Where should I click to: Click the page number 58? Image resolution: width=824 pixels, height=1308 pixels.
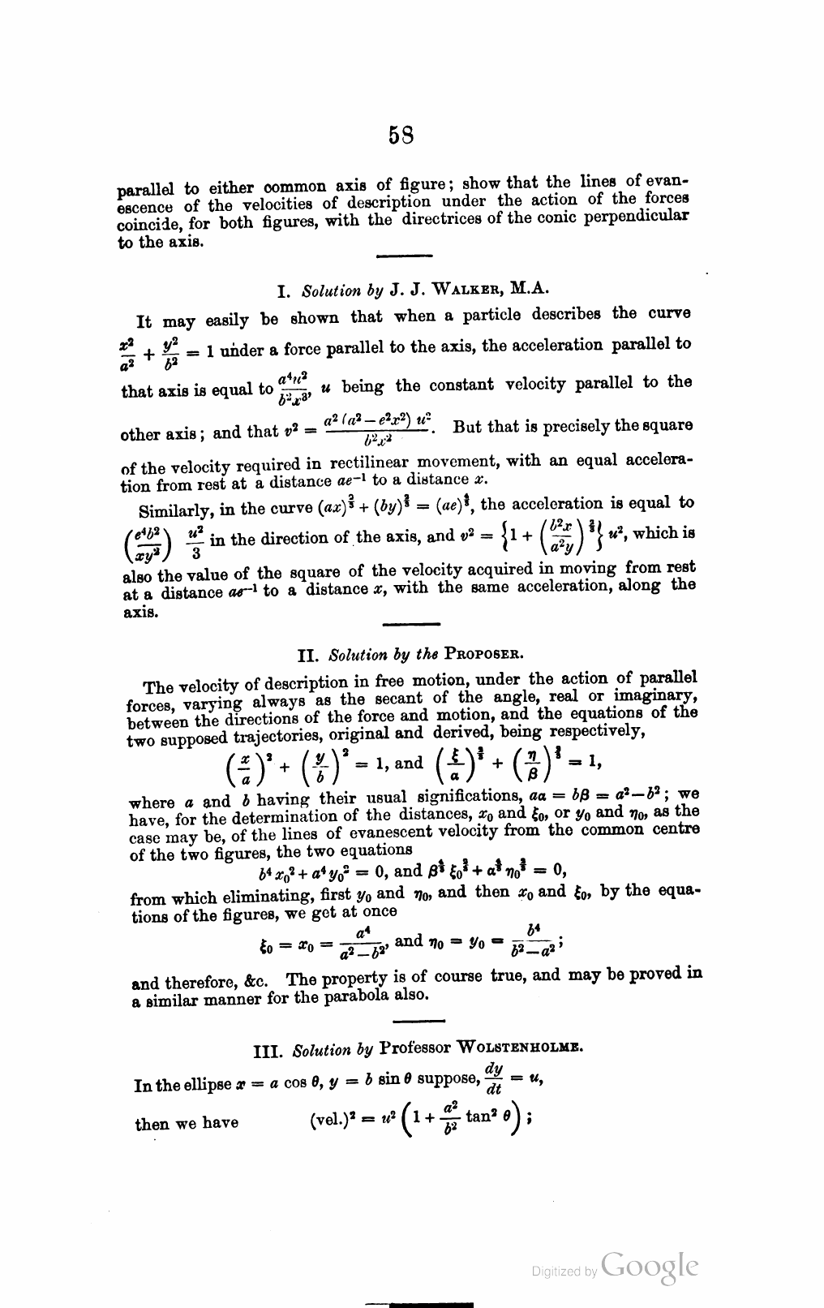tap(402, 134)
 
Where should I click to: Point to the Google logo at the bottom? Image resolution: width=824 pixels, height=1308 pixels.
tap(650, 1266)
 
